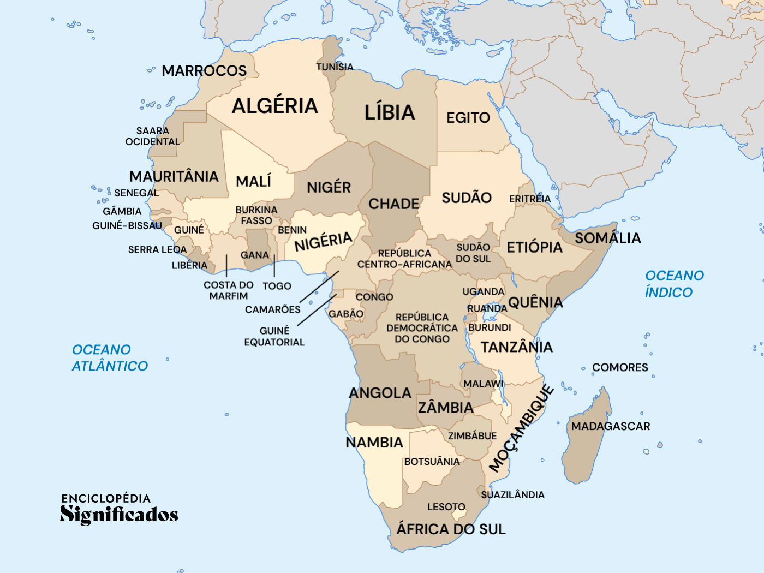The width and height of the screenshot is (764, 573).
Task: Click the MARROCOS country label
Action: (204, 71)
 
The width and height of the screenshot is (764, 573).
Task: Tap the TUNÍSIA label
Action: (335, 67)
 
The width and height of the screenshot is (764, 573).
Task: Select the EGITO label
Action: (468, 118)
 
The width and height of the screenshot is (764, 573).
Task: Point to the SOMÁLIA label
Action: (607, 238)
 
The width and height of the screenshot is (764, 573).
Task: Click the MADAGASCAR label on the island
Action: (610, 426)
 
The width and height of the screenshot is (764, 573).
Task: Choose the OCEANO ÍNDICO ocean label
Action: (674, 284)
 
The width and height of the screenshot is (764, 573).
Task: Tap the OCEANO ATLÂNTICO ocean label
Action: (110, 358)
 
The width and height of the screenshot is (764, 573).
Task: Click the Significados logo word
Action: (119, 514)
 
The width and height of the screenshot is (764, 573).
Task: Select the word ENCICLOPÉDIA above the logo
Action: (106, 498)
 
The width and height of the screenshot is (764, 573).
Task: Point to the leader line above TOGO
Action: (274, 266)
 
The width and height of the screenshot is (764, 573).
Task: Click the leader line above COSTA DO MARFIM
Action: (226, 266)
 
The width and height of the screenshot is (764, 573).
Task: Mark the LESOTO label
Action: (446, 507)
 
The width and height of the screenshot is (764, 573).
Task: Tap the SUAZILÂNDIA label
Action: (512, 495)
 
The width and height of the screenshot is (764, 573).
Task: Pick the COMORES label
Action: (620, 367)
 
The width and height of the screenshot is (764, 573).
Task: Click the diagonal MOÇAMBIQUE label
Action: (521, 428)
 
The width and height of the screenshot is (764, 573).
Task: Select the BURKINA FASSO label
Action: (256, 215)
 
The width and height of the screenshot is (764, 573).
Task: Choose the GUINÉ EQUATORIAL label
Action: (274, 336)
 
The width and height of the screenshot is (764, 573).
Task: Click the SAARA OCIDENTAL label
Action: (153, 136)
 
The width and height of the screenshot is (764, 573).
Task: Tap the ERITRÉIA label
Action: (529, 199)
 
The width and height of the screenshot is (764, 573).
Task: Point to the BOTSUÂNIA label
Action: (432, 462)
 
